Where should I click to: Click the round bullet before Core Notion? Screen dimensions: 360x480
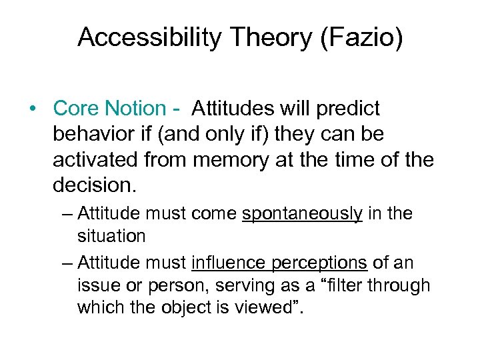33,109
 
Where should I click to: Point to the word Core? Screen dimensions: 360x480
74,108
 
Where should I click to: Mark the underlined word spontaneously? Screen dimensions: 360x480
303,214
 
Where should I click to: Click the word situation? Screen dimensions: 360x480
111,235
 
